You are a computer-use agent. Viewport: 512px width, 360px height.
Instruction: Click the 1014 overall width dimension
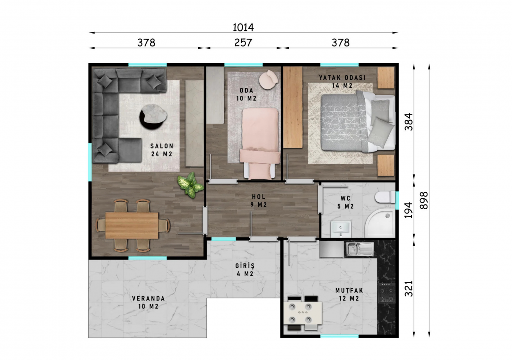point(243,28)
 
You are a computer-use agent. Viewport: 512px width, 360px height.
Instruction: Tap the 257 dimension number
point(243,43)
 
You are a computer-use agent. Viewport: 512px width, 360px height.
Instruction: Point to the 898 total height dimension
point(424,200)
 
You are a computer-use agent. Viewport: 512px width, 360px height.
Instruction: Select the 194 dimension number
point(409,210)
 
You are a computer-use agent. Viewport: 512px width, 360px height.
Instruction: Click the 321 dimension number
point(409,289)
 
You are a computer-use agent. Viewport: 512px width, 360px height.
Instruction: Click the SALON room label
point(162,146)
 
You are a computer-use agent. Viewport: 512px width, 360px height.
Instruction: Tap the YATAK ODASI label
point(342,78)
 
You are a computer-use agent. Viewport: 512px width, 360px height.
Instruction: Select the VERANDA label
point(148,298)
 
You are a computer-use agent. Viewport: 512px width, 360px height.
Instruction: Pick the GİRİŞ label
point(245,266)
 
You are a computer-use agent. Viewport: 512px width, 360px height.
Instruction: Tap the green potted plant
point(191,185)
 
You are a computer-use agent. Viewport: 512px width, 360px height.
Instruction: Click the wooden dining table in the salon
point(132,225)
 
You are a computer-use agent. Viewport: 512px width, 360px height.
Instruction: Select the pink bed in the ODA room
point(260,144)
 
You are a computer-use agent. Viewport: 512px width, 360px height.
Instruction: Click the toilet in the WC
point(385,197)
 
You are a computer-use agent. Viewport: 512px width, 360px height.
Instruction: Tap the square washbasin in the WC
point(340,229)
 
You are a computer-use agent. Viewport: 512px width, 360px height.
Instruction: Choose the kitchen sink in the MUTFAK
point(360,249)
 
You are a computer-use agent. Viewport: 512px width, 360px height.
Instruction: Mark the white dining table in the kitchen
point(304,313)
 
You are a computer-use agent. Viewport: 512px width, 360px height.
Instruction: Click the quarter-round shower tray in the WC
point(380,223)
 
